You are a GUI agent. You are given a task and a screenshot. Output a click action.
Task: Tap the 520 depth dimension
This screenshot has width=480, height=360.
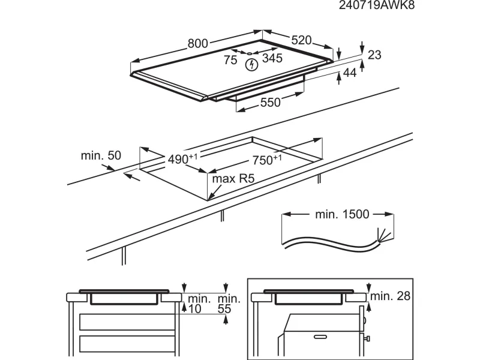301,40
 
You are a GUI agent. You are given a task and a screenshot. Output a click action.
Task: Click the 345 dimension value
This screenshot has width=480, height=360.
272,59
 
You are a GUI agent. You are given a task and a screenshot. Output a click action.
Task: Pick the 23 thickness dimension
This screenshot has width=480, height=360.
374,55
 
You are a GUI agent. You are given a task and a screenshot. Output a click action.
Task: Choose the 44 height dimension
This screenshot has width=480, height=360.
349,73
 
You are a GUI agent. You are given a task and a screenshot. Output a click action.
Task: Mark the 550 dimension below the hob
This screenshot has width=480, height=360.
270,103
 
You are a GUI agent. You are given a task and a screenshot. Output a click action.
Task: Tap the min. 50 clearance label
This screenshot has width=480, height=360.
101,155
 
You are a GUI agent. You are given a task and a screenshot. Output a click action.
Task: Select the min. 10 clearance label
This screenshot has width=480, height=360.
197,304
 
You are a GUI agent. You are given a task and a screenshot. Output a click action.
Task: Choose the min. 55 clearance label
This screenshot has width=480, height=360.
229,304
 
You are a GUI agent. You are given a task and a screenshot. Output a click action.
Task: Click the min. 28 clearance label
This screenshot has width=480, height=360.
391,296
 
